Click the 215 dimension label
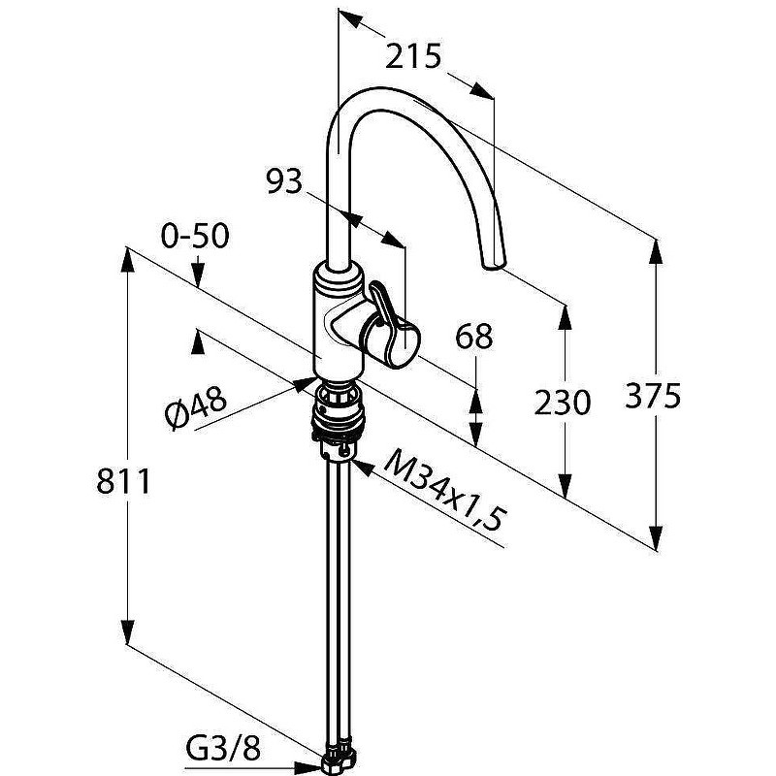[x=413, y=56]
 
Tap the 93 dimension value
[x=283, y=181]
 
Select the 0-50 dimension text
[x=195, y=236]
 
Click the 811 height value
[x=123, y=481]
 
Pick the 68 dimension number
[x=474, y=337]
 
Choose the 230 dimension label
[x=563, y=402]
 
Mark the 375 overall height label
[x=653, y=396]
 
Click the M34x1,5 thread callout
[x=443, y=490]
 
